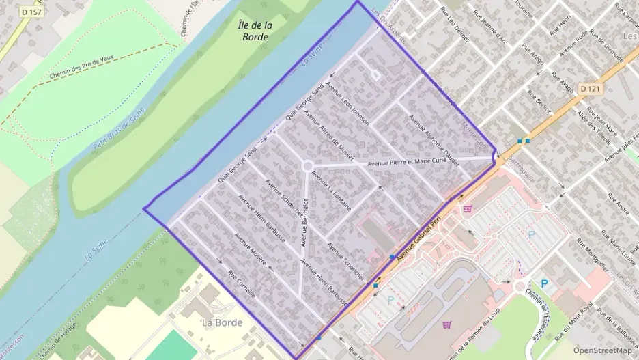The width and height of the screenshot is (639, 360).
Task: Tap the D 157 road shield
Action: coord(31,12)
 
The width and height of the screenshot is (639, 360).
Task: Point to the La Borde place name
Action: coord(222,322)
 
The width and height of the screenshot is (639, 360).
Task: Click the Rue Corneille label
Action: coord(242,285)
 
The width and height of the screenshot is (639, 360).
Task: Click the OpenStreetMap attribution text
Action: coord(602,350)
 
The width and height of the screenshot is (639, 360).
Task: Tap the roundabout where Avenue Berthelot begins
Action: coord(308,166)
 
